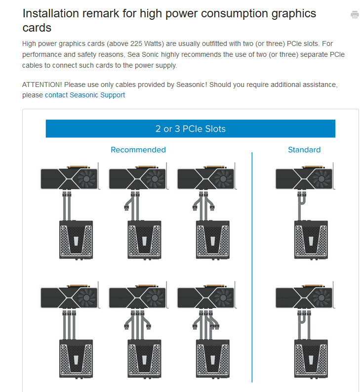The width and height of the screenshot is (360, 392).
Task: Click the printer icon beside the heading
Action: point(355,14)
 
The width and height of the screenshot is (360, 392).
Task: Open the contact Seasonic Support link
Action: point(85,95)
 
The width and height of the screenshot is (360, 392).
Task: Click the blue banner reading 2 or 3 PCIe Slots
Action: point(190,129)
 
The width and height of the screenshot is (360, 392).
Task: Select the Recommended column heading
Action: point(138,149)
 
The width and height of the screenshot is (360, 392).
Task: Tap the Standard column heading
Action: point(304,149)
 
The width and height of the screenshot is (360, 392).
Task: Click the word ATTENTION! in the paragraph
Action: point(42,85)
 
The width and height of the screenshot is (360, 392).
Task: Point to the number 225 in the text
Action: point(136,44)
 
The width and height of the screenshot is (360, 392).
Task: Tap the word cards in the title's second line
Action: point(37,28)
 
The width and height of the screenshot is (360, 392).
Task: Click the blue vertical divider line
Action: point(252,267)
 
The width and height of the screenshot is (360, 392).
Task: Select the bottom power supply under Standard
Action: point(311,359)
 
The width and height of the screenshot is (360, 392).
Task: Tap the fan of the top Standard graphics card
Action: point(321,179)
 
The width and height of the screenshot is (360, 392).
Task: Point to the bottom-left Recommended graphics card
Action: point(70,296)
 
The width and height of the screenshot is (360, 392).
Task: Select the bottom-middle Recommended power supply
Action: point(144,359)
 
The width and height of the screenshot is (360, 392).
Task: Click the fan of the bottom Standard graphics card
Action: point(321,298)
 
